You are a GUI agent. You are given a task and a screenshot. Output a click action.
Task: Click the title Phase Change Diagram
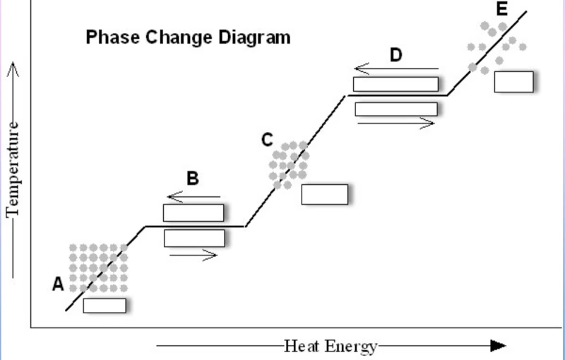click(187, 37)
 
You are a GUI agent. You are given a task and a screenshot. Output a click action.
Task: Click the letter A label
click(59, 284)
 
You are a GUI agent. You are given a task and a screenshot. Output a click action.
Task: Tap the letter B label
click(192, 179)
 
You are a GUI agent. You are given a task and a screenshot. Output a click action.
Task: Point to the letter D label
click(395, 55)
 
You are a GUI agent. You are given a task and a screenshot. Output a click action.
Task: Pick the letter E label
click(501, 9)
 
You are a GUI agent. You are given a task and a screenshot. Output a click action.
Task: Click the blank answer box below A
click(105, 306)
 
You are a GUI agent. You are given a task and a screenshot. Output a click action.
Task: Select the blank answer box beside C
click(324, 194)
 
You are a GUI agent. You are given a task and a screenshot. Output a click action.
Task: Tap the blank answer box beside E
click(513, 81)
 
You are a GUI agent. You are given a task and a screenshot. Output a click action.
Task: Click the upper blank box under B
click(194, 212)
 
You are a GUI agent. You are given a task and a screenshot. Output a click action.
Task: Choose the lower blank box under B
click(194, 238)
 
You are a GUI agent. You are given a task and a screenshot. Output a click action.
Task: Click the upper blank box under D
click(395, 83)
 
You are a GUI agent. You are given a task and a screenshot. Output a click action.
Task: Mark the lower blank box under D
click(395, 109)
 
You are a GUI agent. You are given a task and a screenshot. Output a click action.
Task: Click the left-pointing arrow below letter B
click(194, 198)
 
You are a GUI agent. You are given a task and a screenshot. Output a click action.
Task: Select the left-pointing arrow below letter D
click(396, 69)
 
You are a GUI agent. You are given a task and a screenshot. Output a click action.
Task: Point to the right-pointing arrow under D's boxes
click(395, 123)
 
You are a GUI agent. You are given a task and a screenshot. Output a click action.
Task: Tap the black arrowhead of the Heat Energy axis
click(499, 345)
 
